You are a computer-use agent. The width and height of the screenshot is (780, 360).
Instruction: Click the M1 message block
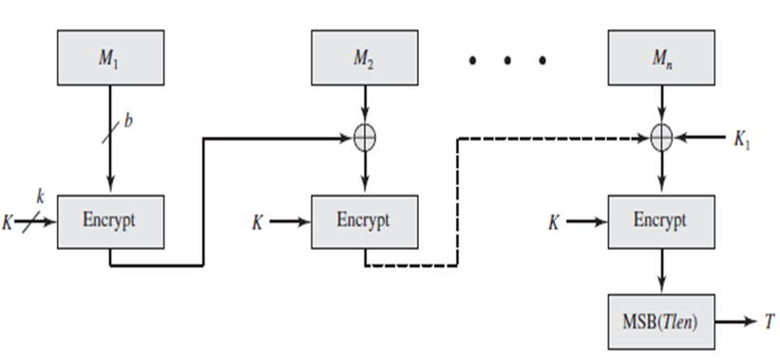(x=110, y=56)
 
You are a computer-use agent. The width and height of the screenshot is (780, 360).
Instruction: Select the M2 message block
(x=364, y=56)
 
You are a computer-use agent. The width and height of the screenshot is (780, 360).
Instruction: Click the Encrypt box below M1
(x=110, y=221)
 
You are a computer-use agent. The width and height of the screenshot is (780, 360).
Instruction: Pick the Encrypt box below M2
(x=364, y=221)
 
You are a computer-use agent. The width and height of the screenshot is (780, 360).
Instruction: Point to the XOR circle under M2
(x=364, y=138)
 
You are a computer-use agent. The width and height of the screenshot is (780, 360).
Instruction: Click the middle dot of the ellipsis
(x=507, y=60)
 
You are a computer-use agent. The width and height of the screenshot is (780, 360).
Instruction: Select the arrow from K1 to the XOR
(x=699, y=139)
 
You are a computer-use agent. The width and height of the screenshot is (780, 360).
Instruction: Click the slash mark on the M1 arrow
(x=111, y=126)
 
